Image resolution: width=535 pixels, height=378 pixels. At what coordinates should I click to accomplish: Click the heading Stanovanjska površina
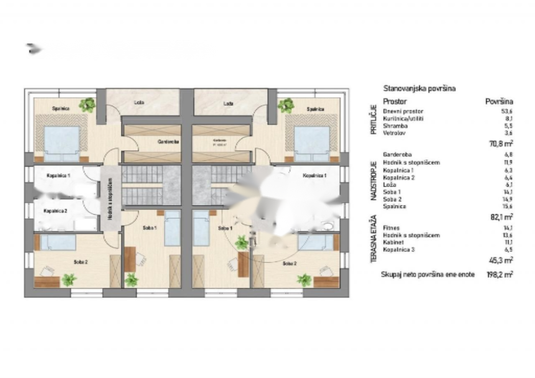pyautogui.click(x=419, y=89)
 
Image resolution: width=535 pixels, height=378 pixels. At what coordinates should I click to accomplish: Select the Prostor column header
pyautogui.click(x=395, y=101)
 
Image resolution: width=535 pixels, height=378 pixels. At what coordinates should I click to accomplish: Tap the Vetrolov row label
pyautogui.click(x=392, y=133)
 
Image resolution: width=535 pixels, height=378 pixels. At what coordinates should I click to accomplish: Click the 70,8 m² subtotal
pyautogui.click(x=501, y=144)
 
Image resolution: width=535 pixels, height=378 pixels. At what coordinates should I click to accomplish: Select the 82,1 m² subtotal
pyautogui.click(x=501, y=216)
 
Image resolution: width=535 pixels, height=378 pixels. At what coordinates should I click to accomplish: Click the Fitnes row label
pyautogui.click(x=391, y=228)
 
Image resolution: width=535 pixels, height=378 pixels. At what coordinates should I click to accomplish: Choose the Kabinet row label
pyautogui.click(x=392, y=243)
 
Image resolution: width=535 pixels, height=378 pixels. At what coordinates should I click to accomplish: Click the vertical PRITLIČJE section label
pyautogui.click(x=373, y=121)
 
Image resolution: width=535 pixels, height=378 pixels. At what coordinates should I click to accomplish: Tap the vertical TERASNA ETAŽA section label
pyautogui.click(x=373, y=239)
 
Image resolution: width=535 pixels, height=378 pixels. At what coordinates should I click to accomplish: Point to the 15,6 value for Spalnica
pyautogui.click(x=508, y=207)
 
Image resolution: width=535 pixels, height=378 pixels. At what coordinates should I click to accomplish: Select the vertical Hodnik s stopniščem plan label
pyautogui.click(x=110, y=203)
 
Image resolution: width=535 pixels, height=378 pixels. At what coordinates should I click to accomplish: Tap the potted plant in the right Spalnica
pyautogui.click(x=286, y=105)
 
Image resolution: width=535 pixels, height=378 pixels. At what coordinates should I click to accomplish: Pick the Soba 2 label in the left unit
pyautogui.click(x=80, y=262)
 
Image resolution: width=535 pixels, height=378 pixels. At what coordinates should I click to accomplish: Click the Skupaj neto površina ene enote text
pyautogui.click(x=428, y=275)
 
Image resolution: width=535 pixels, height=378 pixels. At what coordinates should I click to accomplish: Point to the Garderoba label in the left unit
pyautogui.click(x=168, y=142)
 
